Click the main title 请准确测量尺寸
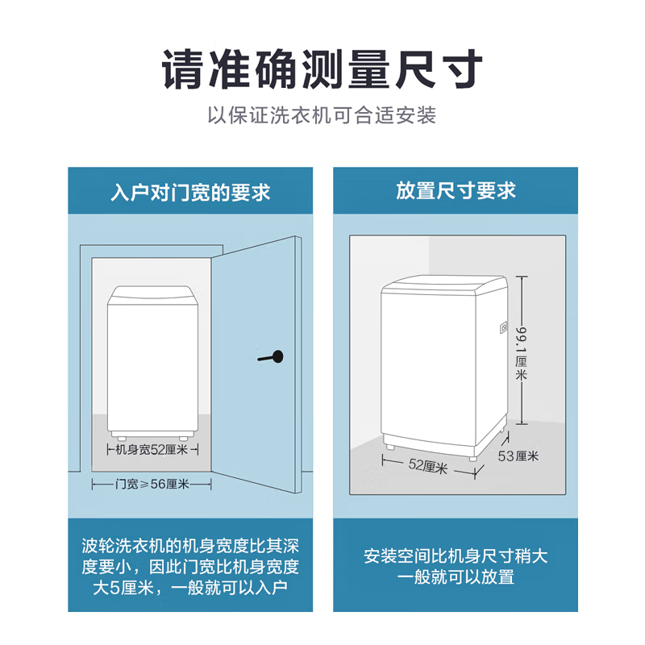pos(322,69)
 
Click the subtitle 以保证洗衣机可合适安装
pos(322,114)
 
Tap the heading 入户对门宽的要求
pos(190,193)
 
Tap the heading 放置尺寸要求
pos(456,191)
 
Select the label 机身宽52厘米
pos(152,450)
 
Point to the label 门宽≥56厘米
pos(152,485)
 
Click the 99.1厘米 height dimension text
pos(521,353)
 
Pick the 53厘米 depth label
pos(518,456)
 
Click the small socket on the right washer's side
pos(503,328)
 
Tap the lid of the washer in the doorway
pos(152,295)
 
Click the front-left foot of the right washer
pos(389,447)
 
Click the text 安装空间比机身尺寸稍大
pos(456,556)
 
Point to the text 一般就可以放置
pos(456,577)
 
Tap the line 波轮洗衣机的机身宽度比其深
pos(190,546)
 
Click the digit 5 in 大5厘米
pos(114,588)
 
